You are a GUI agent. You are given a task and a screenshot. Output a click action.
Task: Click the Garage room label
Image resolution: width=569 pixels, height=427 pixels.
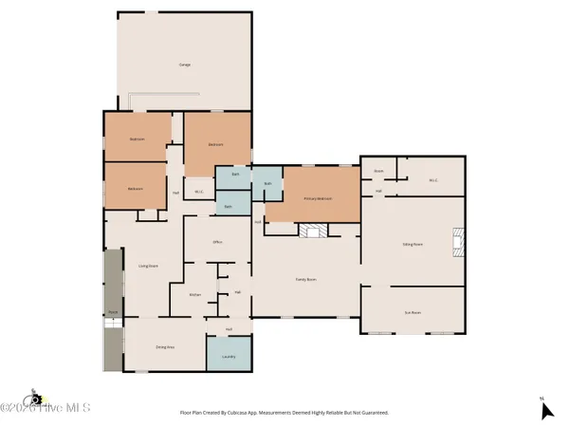[185, 65]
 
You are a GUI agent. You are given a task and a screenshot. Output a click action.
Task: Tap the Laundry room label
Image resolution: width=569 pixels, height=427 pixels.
[229, 357]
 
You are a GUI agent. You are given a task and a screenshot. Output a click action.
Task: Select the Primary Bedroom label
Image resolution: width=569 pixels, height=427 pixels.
[318, 198]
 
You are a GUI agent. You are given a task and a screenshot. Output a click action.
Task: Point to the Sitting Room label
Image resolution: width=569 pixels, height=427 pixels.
[413, 244]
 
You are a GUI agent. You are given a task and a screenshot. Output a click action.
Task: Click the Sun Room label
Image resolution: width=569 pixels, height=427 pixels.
[413, 311]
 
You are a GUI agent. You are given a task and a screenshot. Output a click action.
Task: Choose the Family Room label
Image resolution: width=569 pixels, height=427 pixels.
[305, 280]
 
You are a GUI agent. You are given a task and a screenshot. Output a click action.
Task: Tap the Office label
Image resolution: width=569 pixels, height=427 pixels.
[217, 243]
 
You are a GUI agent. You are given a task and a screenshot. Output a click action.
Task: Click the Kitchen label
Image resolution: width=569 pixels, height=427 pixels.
[194, 295]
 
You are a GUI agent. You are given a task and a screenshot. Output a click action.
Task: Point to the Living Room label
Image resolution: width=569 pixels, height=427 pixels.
[148, 266]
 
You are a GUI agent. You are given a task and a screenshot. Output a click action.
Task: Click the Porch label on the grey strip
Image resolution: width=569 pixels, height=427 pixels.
[113, 311]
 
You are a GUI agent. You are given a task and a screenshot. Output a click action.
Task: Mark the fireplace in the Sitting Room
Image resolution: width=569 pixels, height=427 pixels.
[458, 242]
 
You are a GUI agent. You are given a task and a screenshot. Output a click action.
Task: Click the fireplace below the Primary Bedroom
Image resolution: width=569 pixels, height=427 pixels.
[312, 231]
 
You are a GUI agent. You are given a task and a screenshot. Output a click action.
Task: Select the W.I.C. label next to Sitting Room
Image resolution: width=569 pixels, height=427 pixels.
[431, 178]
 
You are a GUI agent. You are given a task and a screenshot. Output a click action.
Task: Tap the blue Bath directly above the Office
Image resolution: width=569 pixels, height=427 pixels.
[229, 206]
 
